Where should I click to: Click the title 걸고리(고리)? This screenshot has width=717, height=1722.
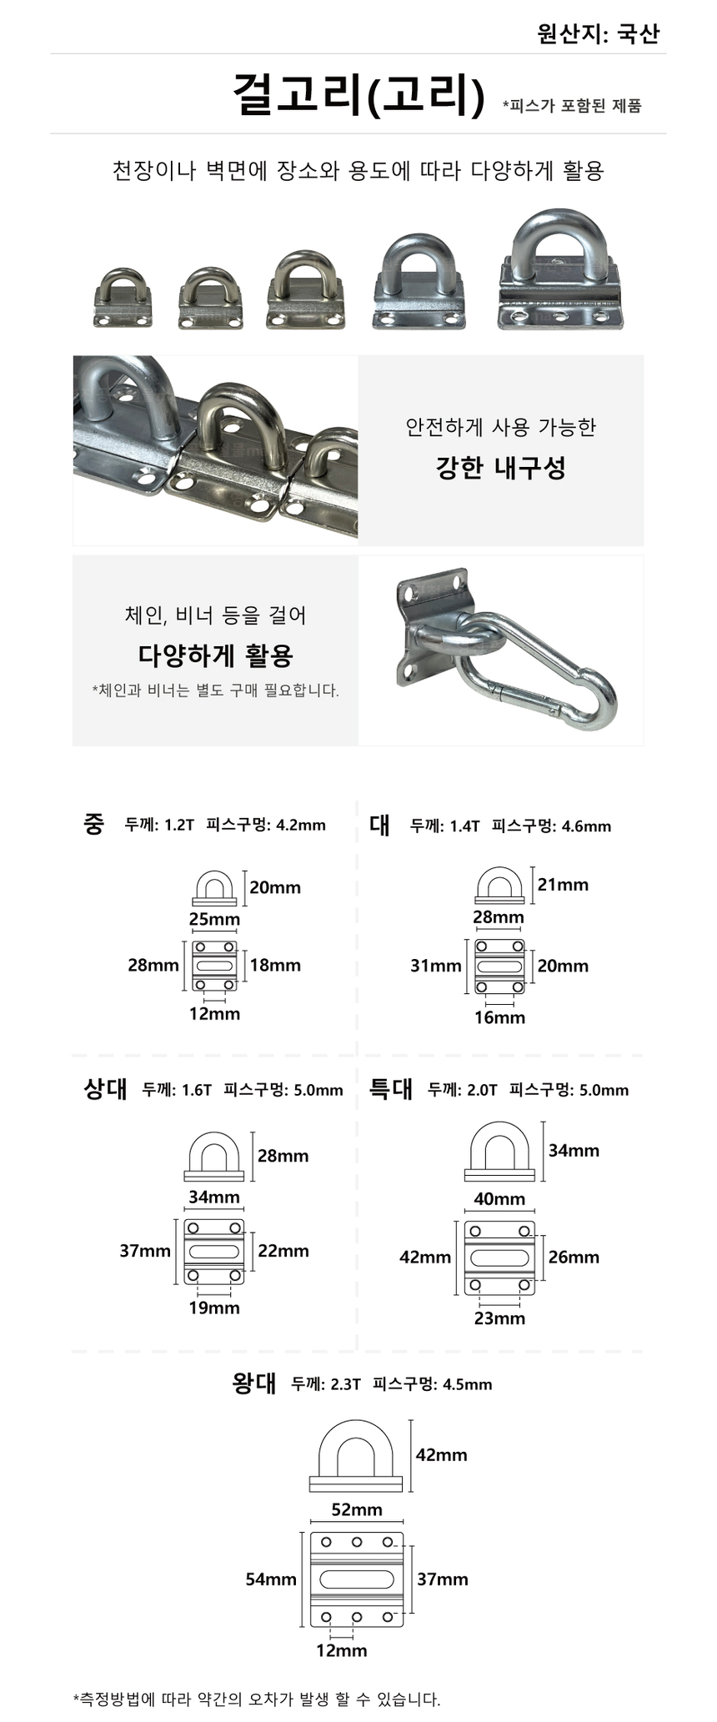point(358,94)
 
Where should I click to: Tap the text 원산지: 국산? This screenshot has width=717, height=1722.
point(598,33)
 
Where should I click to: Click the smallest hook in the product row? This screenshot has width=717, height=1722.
point(123,298)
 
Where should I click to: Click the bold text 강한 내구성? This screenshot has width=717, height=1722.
point(501,467)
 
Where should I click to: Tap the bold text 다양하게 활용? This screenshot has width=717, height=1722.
point(216,655)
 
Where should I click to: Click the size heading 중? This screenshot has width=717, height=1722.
point(94,824)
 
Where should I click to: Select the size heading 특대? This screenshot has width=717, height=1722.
point(391,1088)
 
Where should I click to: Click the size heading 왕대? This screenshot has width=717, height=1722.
point(254,1383)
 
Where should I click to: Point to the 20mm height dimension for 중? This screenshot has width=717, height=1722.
point(275,887)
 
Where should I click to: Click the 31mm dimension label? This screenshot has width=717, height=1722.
point(435,966)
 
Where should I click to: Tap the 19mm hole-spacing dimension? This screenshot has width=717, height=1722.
point(214,1308)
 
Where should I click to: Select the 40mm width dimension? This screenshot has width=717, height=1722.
point(499,1199)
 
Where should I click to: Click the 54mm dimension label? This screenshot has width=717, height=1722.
point(271,1579)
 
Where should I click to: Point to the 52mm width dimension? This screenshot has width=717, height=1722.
point(357,1509)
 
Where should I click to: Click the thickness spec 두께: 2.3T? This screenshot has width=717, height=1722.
point(326,1384)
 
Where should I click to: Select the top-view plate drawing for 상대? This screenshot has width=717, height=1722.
point(214,1252)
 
